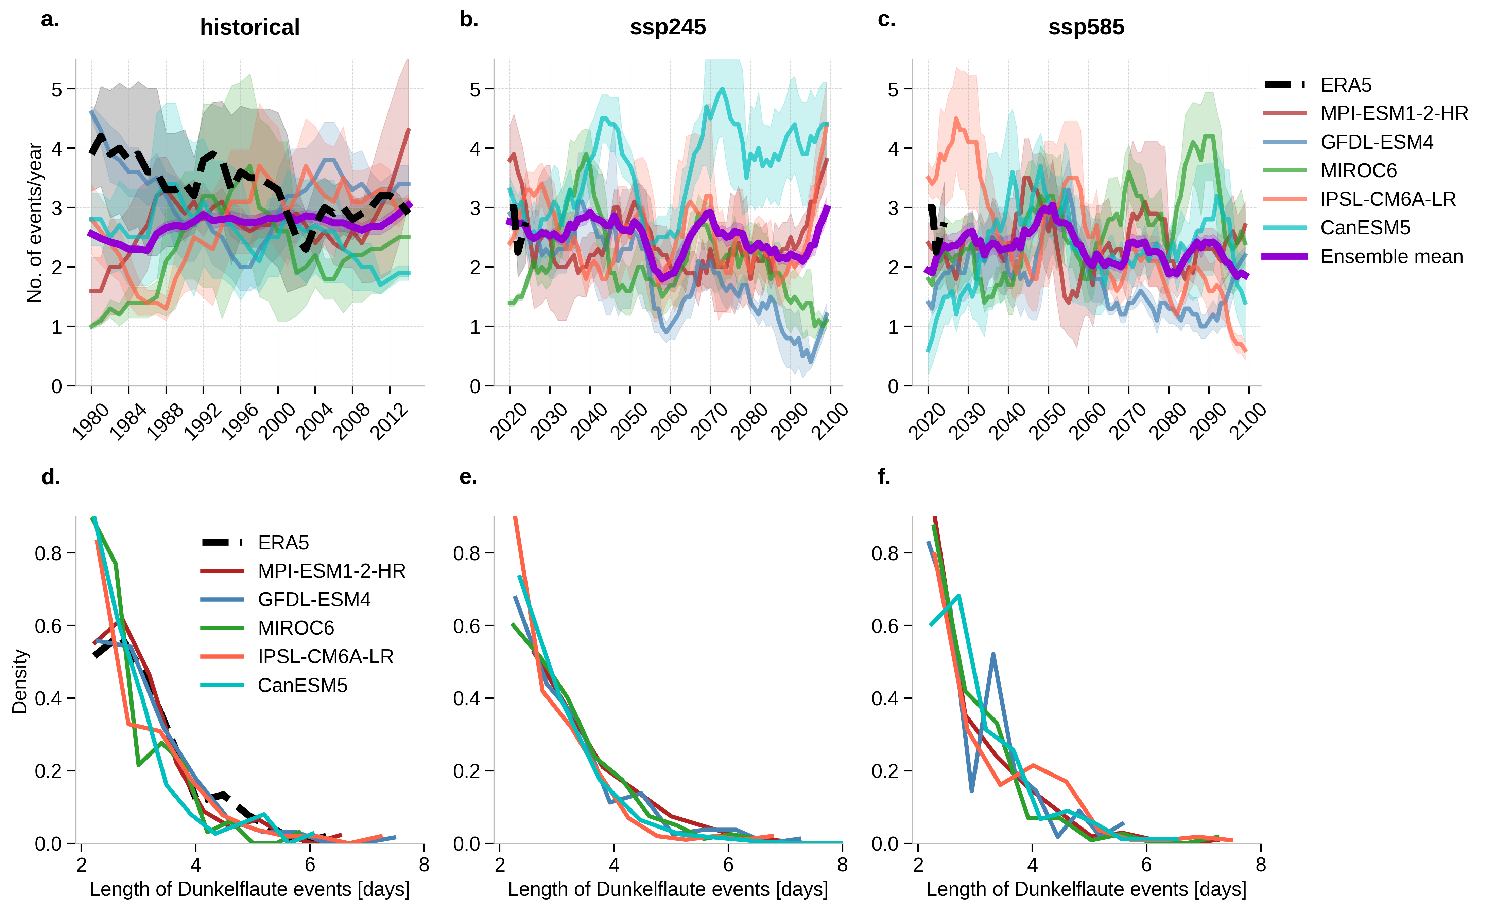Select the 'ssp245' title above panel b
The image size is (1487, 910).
[668, 27]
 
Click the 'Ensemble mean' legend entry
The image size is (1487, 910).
[1391, 256]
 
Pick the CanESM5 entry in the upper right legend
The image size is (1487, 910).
[1365, 227]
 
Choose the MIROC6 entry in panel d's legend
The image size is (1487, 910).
[296, 628]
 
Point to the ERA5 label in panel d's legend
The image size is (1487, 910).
[283, 542]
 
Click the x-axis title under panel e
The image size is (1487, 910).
[668, 889]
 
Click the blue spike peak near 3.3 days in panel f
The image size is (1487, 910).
[993, 654]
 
